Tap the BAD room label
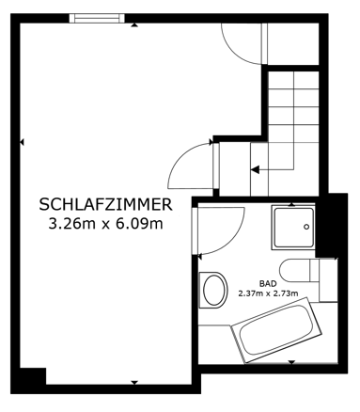[x=268, y=281]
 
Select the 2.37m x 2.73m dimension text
[x=268, y=293]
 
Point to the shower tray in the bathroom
[x=295, y=227]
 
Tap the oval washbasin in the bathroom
[x=214, y=288]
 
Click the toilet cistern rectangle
[x=327, y=274]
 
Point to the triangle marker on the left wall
[x=22, y=142]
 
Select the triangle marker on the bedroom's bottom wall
[x=134, y=381]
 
